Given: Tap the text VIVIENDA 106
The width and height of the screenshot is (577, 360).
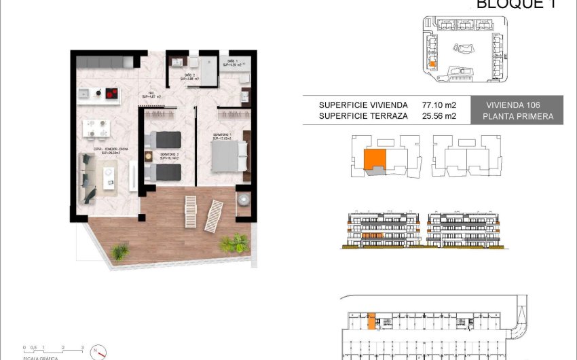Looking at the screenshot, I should [519, 105].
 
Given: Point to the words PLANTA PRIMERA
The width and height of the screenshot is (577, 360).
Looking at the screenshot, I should [519, 117].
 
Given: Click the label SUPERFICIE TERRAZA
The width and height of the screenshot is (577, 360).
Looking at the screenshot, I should [363, 116].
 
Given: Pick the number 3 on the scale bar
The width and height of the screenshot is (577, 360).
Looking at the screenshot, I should [82, 348].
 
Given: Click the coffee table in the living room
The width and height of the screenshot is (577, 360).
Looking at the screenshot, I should [109, 177].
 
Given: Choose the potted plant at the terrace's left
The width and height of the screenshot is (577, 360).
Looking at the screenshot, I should [120, 252].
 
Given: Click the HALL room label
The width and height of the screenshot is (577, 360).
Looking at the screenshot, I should [150, 95].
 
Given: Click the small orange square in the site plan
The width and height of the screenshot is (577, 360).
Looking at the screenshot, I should [433, 62].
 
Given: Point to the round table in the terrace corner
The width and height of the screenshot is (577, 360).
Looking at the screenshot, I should [243, 200].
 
